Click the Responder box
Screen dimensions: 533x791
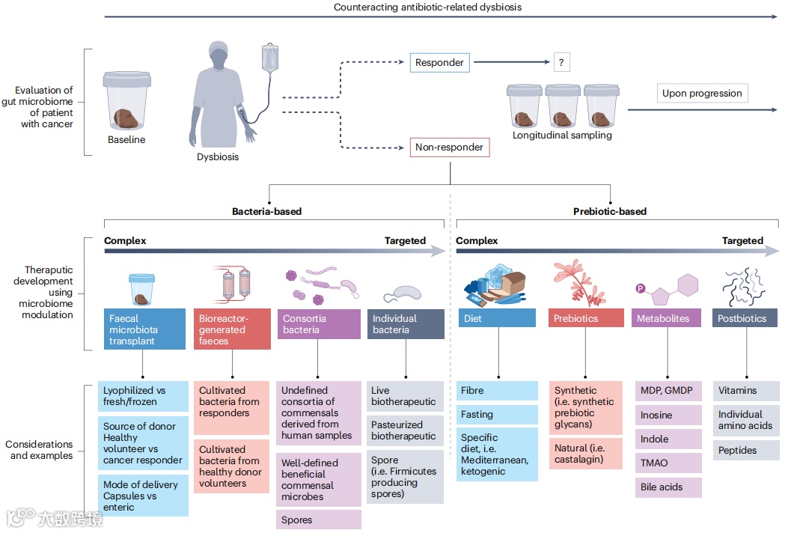tap(439, 62)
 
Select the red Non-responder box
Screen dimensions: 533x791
tap(450, 147)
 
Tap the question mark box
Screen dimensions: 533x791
tap(561, 62)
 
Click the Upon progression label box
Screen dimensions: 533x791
tap(702, 94)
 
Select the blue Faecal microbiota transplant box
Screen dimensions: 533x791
tap(144, 329)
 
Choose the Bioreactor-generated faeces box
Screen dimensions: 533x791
tap(232, 329)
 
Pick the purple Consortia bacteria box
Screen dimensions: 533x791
tap(318, 329)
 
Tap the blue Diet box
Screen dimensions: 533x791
tap(497, 318)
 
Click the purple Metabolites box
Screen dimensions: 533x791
tap(666, 318)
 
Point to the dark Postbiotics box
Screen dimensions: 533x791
tap(745, 318)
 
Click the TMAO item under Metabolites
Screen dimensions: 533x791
tap(668, 463)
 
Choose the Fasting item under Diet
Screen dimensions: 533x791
tap(497, 415)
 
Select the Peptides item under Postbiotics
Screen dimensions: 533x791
tap(745, 450)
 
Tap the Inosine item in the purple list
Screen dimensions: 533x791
tap(668, 415)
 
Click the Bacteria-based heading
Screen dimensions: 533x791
tap(267, 211)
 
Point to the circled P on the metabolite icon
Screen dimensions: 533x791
tap(640, 288)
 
